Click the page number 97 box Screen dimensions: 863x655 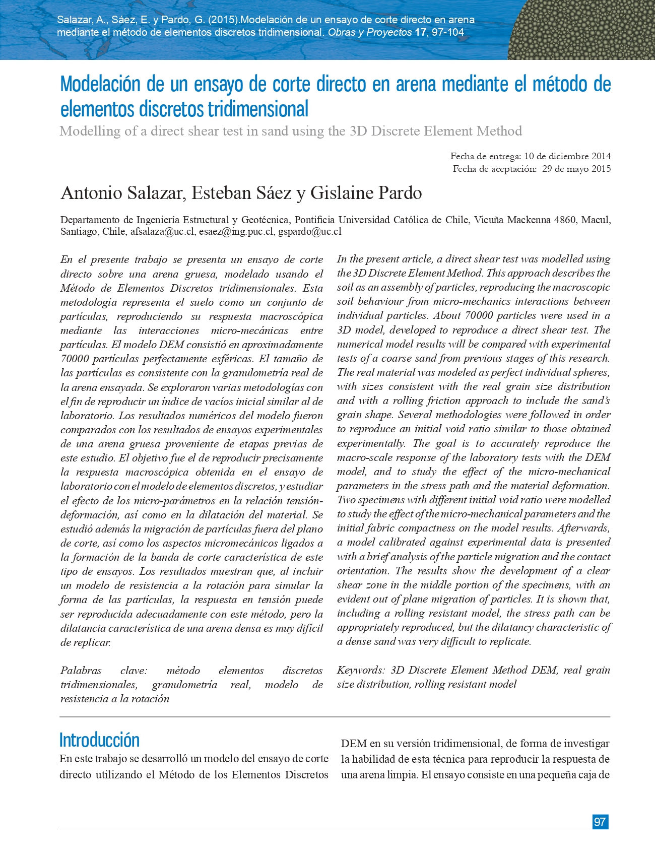click(x=600, y=822)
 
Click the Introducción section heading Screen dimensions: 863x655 click(x=99, y=740)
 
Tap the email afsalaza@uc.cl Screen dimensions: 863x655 click(x=162, y=232)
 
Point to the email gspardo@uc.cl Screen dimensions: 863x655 click(x=310, y=232)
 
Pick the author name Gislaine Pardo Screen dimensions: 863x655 click(x=366, y=193)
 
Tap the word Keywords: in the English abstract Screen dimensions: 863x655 click(x=361, y=670)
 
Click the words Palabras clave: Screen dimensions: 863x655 click(x=103, y=671)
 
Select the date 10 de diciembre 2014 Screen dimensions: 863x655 click(x=567, y=156)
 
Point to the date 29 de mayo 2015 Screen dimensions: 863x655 click(x=576, y=169)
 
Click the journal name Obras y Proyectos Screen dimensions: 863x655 click(x=370, y=33)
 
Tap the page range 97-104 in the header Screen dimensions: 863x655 click(x=448, y=33)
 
